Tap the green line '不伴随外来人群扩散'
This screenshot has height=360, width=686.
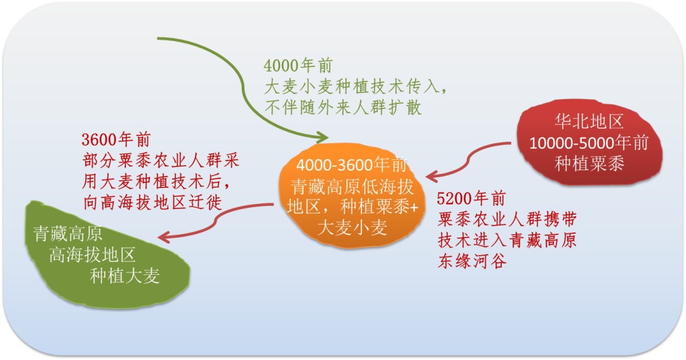[343, 107]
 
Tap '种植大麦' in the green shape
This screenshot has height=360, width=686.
[124, 276]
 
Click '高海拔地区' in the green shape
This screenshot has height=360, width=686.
[93, 255]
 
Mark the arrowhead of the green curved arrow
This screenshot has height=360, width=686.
[322, 137]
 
